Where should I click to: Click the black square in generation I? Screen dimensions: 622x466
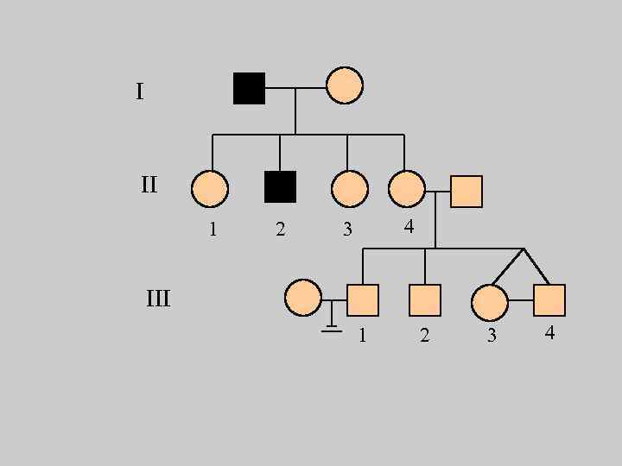coord(249,88)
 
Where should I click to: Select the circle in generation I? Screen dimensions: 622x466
coord(345,85)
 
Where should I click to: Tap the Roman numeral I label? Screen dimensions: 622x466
coord(139,91)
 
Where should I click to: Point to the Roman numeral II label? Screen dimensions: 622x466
coord(149,184)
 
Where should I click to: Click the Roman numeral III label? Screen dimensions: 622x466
coord(158,299)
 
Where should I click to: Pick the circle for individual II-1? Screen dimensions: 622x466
coord(210,189)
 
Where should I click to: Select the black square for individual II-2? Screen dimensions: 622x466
coord(280,186)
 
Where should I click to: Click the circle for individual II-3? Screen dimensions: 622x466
coord(349,189)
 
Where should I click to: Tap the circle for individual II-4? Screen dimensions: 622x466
coord(407,189)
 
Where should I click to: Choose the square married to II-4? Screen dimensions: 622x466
coord(466,191)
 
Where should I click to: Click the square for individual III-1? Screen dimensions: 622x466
coord(364,299)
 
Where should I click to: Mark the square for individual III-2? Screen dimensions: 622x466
coord(425,299)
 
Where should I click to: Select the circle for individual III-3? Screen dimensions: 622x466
coord(490,302)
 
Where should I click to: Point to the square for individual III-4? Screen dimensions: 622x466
coord(549,299)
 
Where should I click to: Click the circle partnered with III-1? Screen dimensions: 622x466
coord(302,298)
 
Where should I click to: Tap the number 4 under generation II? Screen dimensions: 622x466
coord(409,227)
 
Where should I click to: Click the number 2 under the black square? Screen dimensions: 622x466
coord(280,230)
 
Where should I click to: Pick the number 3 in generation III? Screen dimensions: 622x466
coord(492,336)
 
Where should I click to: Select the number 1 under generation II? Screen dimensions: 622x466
coord(213,230)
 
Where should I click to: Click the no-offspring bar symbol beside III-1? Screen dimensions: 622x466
coord(332,325)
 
